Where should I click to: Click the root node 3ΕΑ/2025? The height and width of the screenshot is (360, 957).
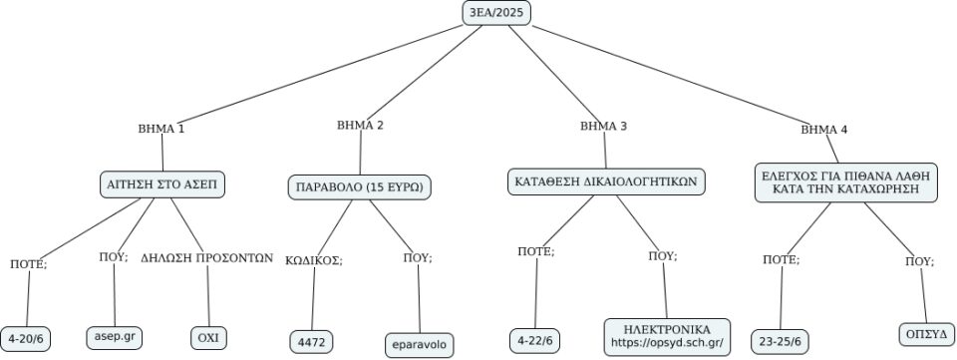pos(496,12)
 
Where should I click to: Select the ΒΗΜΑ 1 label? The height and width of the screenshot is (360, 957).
pos(160,129)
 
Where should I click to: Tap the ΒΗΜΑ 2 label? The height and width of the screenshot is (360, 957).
pos(360,126)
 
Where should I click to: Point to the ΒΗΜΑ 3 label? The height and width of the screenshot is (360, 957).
pos(603,127)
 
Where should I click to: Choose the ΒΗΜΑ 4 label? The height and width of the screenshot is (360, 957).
pos(824,130)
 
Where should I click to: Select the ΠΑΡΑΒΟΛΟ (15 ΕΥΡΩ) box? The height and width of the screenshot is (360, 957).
pos(359,186)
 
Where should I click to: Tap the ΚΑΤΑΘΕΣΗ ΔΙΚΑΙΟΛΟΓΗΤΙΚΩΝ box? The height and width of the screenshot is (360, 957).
pos(605,182)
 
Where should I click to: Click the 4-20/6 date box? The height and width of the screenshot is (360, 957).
pos(26,339)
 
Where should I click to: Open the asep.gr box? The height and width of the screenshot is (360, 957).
pos(114,337)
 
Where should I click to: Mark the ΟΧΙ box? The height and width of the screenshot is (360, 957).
pos(207,338)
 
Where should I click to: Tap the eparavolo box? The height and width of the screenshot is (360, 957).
pos(420,345)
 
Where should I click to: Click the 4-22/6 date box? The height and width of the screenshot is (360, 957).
pos(536,340)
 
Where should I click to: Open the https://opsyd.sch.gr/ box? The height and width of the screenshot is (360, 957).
pos(666,336)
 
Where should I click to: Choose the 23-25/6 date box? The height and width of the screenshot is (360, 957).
pos(781,340)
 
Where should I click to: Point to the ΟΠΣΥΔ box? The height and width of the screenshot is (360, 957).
pos(926,332)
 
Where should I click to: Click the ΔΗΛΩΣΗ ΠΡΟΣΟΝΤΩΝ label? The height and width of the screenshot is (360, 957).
pos(206,256)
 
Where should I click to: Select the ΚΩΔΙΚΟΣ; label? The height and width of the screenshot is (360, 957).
pos(314,260)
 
